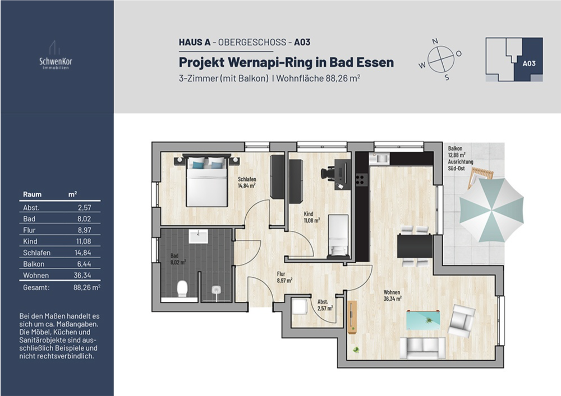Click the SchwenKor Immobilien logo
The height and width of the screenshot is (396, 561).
pos(56,57)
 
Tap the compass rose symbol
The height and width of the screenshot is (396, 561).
pos(440,59)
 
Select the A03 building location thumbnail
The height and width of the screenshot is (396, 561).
pos(514,59)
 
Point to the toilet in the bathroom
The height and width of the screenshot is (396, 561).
pos(182,289)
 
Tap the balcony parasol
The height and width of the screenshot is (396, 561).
pos(491,209)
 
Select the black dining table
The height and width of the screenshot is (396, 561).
pos(415,246)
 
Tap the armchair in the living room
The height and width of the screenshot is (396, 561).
pos(461,320)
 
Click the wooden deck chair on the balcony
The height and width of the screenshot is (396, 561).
pos(481,176)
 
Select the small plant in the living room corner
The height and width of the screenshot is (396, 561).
pos(355,350)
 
